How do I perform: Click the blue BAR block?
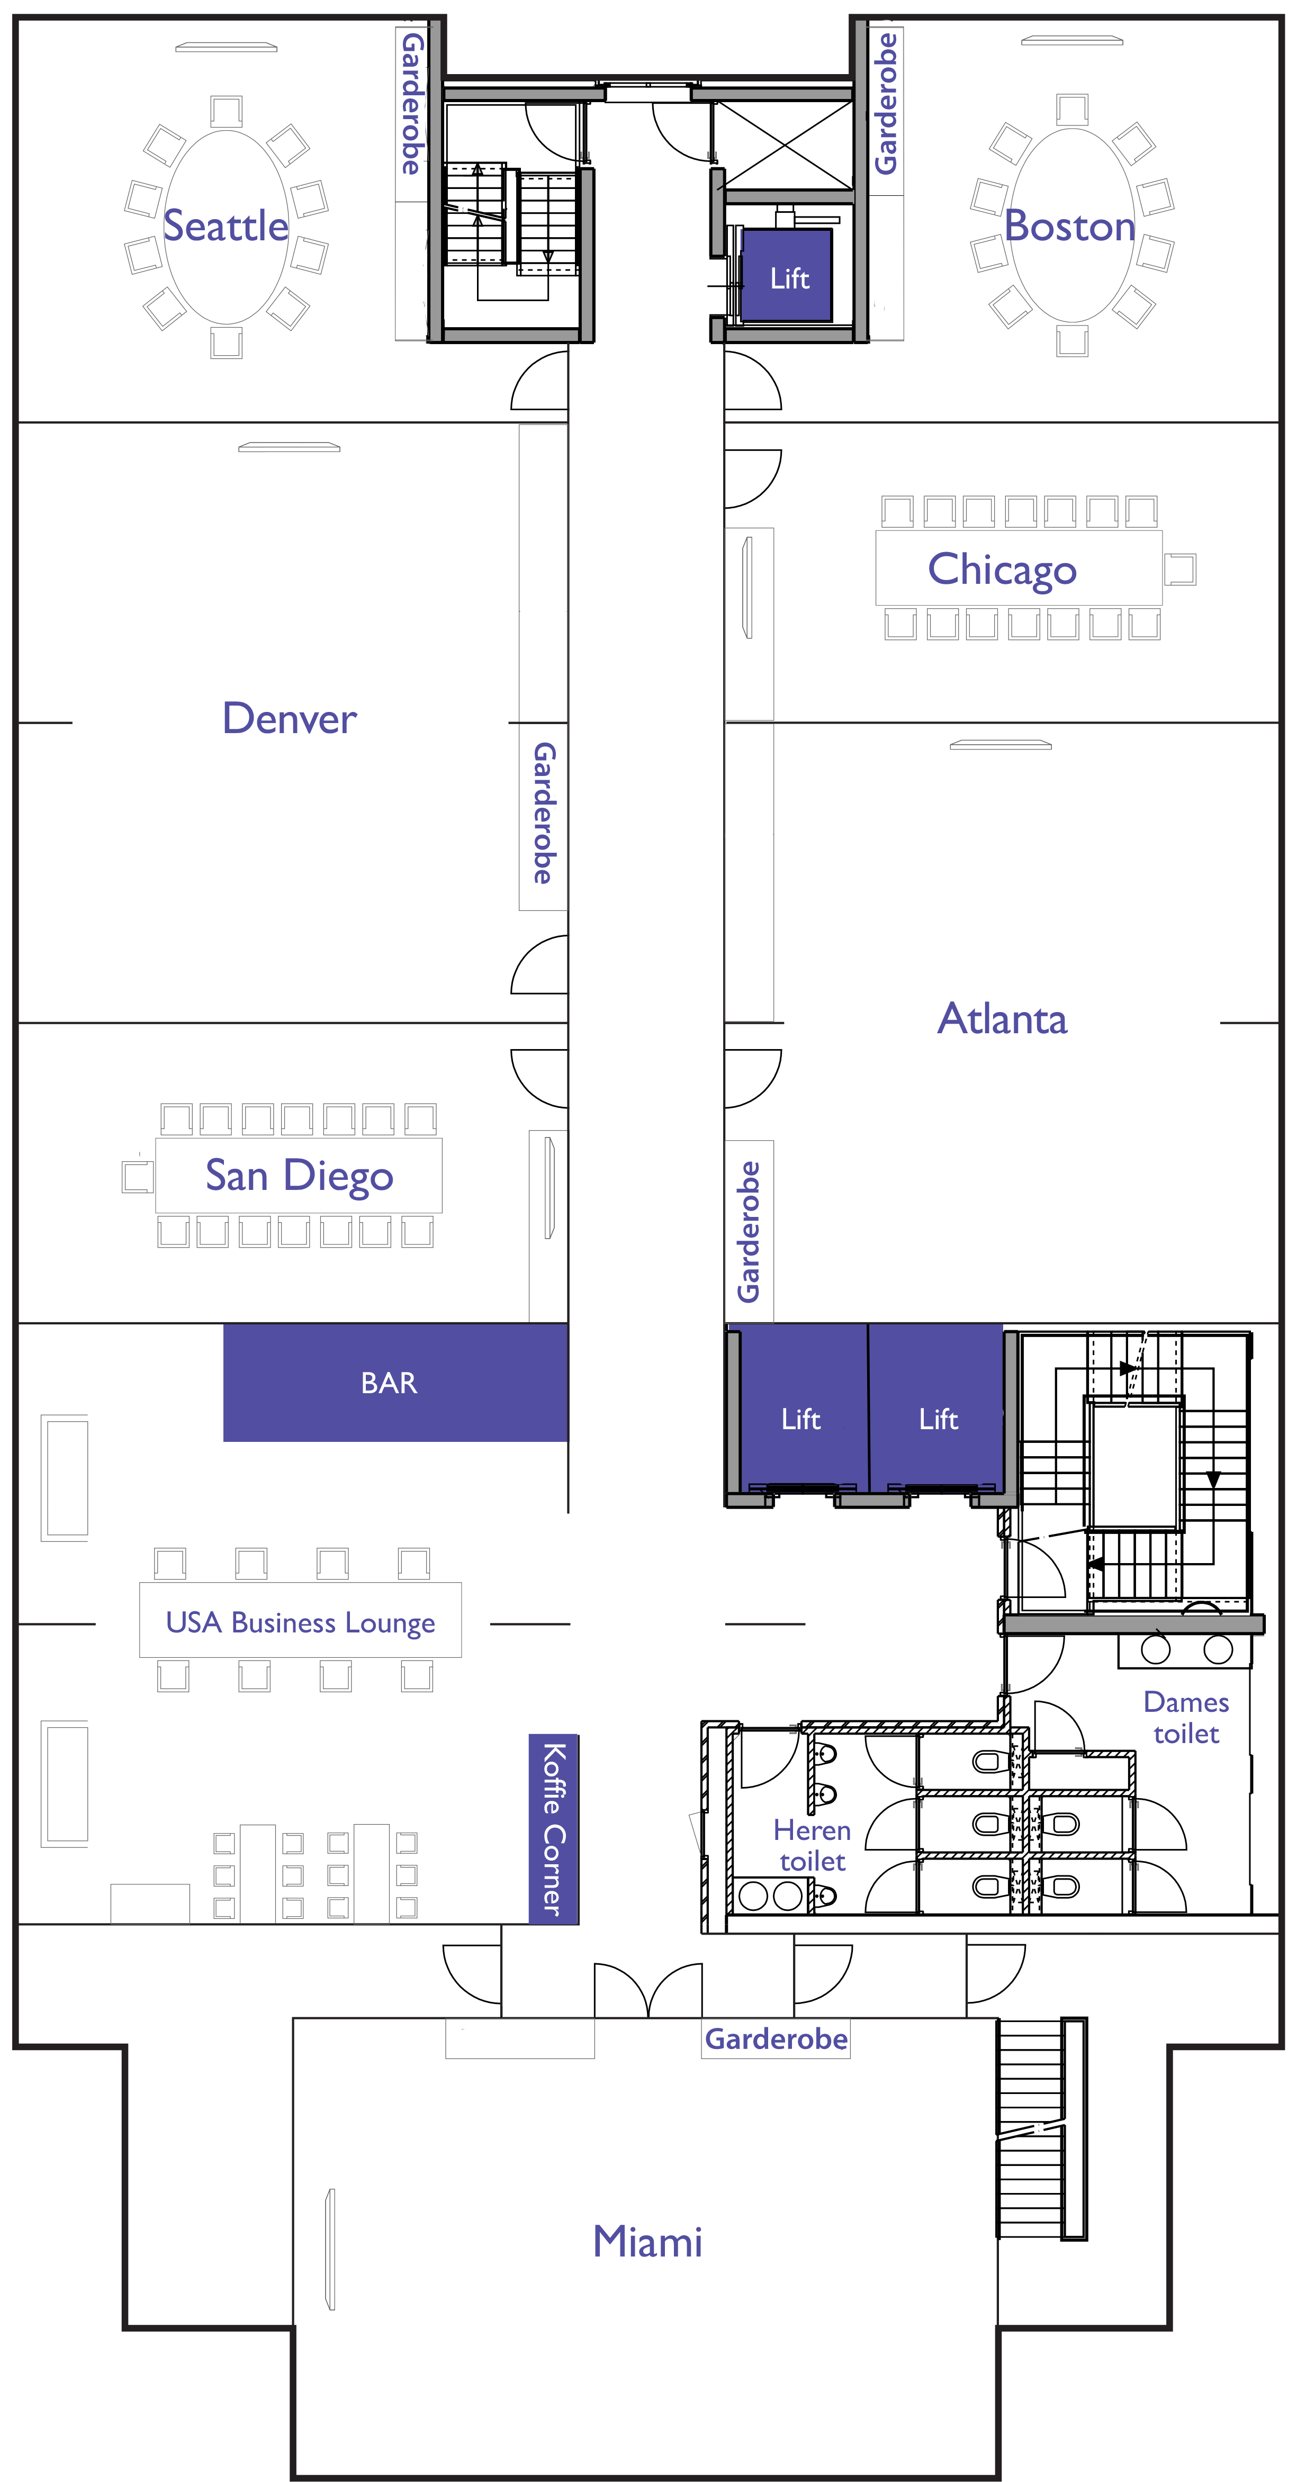click(395, 1383)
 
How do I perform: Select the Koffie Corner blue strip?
click(553, 1829)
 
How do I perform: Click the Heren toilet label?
click(812, 1845)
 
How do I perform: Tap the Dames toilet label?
click(1186, 1717)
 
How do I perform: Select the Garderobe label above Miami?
click(776, 2039)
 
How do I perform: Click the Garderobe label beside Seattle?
click(411, 104)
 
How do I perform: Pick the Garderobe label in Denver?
click(544, 812)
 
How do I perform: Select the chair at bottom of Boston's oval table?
click(1073, 340)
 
